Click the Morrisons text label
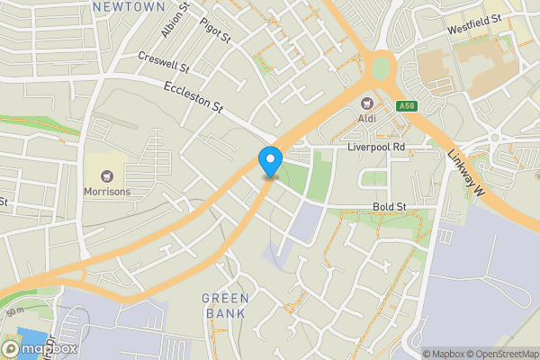click(x=107, y=192)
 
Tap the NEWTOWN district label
click(x=129, y=6)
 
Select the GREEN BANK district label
click(x=224, y=306)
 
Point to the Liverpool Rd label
click(x=377, y=146)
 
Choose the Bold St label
click(x=390, y=207)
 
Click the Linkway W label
click(x=465, y=167)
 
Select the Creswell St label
click(x=164, y=62)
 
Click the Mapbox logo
click(x=39, y=348)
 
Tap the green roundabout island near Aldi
click(x=382, y=67)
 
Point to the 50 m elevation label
click(x=13, y=310)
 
